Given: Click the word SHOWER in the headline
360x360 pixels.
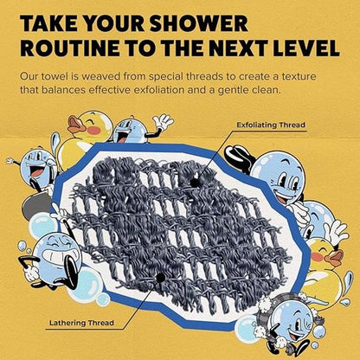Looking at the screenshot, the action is click(x=198, y=22).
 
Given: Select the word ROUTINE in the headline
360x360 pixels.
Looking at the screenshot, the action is click(x=69, y=48).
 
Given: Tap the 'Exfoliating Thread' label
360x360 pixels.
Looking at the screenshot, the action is click(x=271, y=125).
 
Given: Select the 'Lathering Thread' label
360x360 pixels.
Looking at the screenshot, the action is click(x=81, y=323).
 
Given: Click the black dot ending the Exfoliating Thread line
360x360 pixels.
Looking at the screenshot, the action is click(x=196, y=183).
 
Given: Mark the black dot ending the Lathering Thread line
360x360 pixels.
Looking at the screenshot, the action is click(x=160, y=278).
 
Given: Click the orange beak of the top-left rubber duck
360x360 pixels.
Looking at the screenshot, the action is click(x=74, y=125).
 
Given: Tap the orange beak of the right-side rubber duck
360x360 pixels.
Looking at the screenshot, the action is click(x=335, y=258).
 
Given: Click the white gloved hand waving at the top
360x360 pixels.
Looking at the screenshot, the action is click(x=164, y=121).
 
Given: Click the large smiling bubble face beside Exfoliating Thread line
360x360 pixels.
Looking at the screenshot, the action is click(x=278, y=176).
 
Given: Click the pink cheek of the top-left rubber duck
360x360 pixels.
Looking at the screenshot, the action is click(x=93, y=131).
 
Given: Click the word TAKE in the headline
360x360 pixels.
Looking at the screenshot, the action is click(x=44, y=22).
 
